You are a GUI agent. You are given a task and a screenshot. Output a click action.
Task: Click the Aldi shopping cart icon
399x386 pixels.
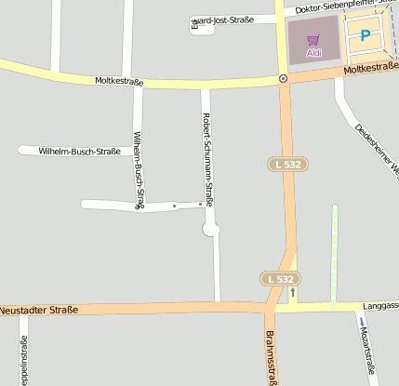pyautogui.click(x=313, y=41)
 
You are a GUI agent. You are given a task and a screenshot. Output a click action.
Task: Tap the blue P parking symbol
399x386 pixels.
pyautogui.click(x=366, y=36)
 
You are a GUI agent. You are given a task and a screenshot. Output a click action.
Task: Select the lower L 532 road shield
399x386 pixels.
pyautogui.click(x=279, y=278)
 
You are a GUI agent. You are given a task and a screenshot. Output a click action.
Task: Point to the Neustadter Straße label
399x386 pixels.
pyautogui.click(x=39, y=310)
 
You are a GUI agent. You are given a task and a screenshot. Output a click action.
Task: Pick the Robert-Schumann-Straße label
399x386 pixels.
pyautogui.click(x=207, y=158)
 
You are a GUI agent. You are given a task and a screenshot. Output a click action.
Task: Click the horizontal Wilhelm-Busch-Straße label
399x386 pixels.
pyautogui.click(x=79, y=151)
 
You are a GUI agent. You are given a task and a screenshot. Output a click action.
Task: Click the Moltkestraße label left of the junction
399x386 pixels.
pyautogui.click(x=119, y=82)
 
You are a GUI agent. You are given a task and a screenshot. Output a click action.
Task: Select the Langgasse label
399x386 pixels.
pyautogui.click(x=380, y=304)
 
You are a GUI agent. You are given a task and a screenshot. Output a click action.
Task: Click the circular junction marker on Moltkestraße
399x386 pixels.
pyautogui.click(x=283, y=79)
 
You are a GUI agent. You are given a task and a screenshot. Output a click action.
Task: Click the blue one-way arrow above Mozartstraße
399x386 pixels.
pyautogui.click(x=361, y=322)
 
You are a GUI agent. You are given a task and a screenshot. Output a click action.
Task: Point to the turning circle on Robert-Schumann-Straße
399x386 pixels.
pyautogui.click(x=210, y=229)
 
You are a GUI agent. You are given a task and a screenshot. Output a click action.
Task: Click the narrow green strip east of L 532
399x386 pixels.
pyautogui.click(x=334, y=255)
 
